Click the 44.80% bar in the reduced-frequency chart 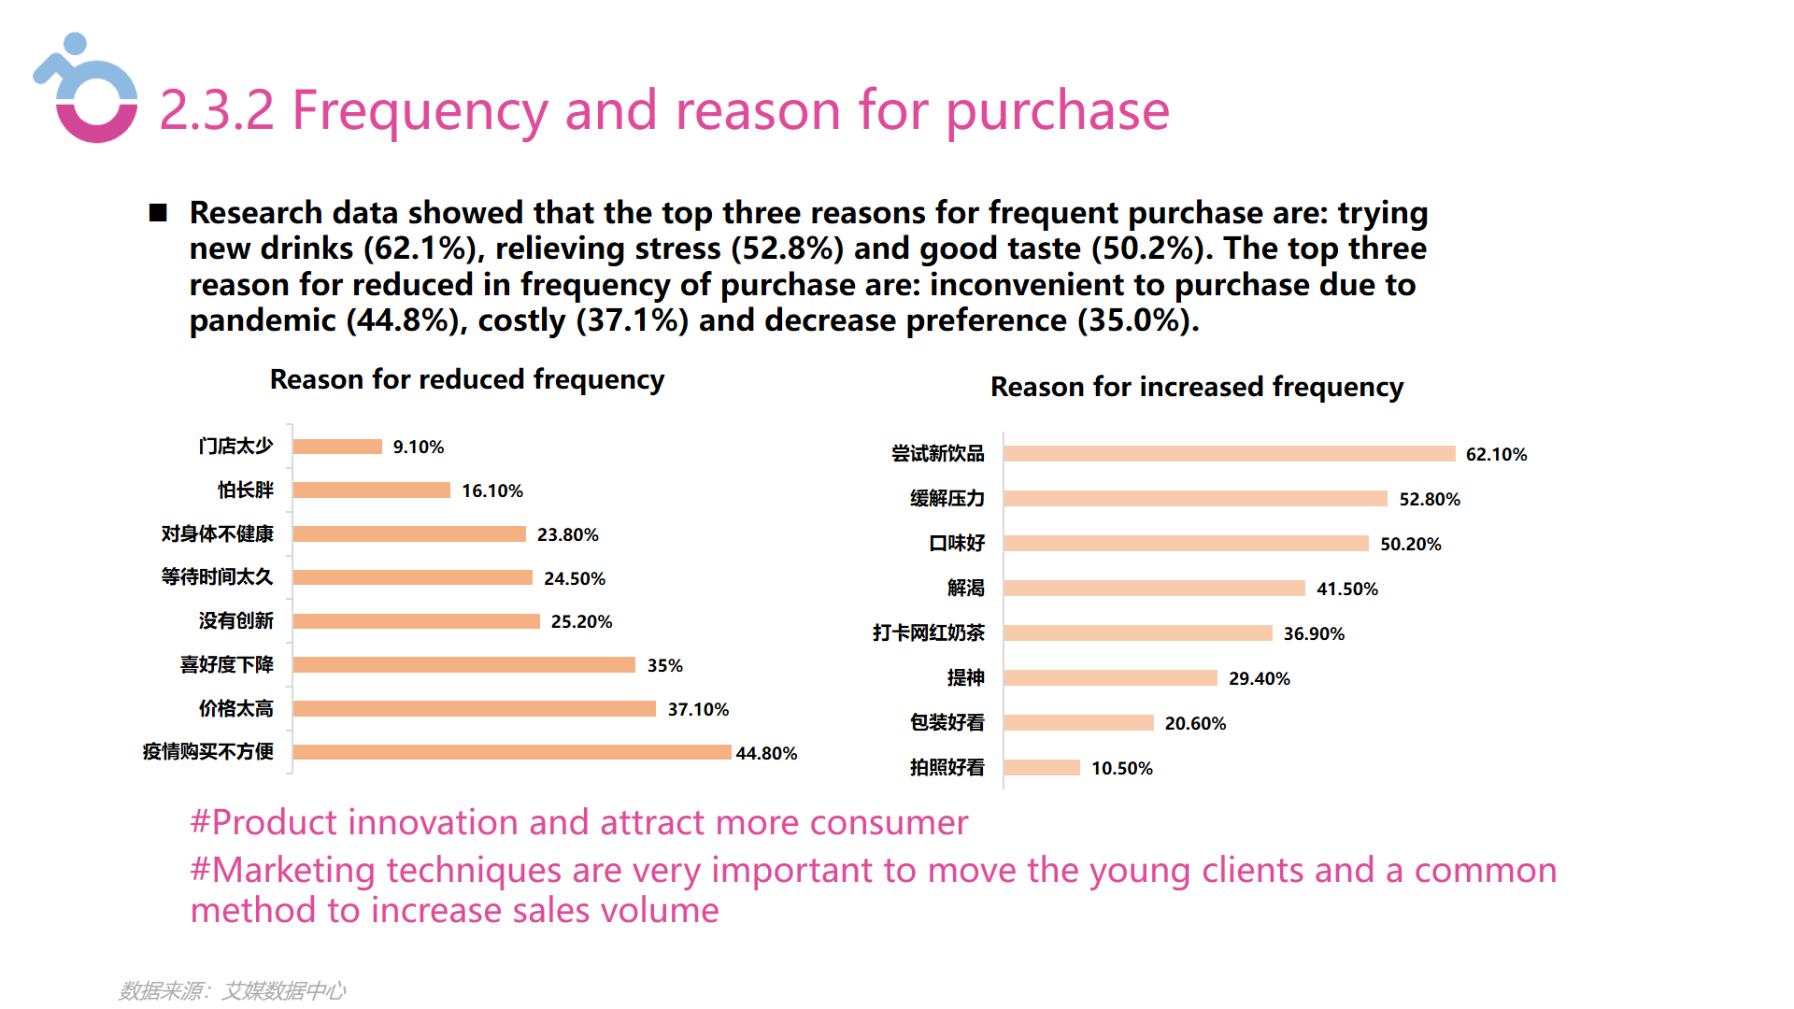[x=511, y=752]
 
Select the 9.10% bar [x=337, y=447]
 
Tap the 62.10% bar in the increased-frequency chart [x=1229, y=454]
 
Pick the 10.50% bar [x=1042, y=768]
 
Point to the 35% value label [x=664, y=665]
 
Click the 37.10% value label [x=698, y=709]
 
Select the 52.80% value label [x=1429, y=499]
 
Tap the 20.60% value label [x=1195, y=723]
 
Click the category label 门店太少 [x=235, y=447]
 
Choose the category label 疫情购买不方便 [x=207, y=752]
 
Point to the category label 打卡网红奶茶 [x=928, y=633]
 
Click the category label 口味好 [x=956, y=544]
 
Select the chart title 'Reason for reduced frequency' [x=466, y=379]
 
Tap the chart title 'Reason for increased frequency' [x=1196, y=387]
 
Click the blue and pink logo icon [x=87, y=91]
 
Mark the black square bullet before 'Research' [x=158, y=213]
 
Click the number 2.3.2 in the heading [x=217, y=110]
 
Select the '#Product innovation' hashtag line [x=578, y=822]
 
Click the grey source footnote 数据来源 [x=232, y=990]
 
